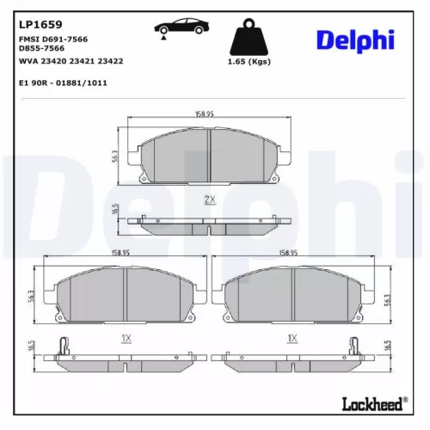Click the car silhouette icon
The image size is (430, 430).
coord(181,26)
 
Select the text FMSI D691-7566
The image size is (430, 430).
coord(53,40)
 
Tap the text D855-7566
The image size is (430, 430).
coord(42,49)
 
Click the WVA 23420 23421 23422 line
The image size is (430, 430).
coord(71,60)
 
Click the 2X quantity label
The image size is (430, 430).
coord(209,200)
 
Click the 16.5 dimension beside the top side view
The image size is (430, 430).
coord(115,209)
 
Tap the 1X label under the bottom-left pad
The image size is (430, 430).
coord(125,339)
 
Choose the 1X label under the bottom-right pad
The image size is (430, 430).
coord(292,339)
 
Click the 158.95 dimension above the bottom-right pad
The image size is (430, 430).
coord(288,253)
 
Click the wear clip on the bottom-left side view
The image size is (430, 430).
coord(63,347)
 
